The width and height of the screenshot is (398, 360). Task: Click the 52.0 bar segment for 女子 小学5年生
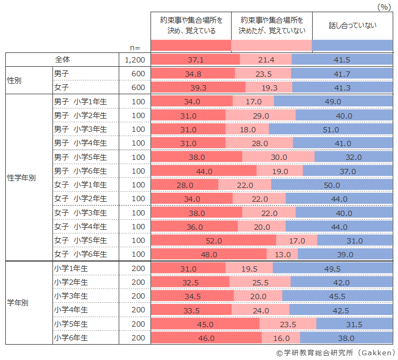(x=214, y=240)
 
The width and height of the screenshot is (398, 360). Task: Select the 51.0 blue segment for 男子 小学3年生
(x=331, y=129)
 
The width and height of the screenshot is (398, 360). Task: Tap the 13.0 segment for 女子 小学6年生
(x=282, y=254)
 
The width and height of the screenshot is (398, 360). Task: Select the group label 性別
(x=14, y=80)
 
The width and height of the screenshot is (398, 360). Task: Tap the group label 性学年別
(x=21, y=178)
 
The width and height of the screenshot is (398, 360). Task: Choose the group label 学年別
(x=17, y=303)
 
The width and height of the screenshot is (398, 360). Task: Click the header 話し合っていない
(x=352, y=25)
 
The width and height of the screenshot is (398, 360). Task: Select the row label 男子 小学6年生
(x=81, y=171)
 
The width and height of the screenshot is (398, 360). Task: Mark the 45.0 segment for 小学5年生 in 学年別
(x=205, y=324)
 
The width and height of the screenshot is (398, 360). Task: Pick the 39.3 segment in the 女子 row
(x=198, y=87)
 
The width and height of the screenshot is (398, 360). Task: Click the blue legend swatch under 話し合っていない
(x=352, y=46)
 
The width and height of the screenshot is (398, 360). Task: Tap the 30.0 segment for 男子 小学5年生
(x=278, y=157)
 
